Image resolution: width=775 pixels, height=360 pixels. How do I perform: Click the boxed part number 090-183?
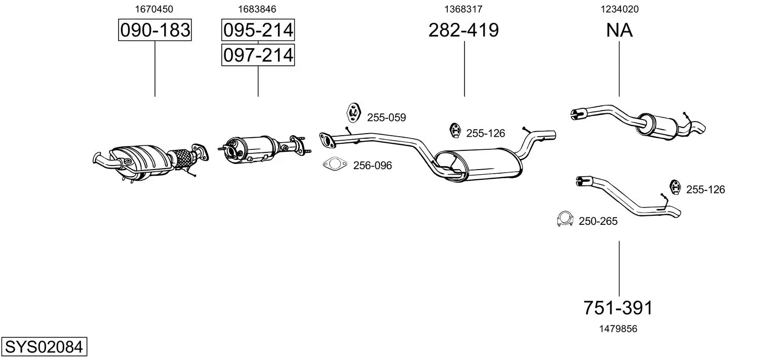[154, 30]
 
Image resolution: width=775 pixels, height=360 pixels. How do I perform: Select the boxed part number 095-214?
[258, 30]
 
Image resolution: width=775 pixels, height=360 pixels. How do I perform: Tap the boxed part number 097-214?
[258, 55]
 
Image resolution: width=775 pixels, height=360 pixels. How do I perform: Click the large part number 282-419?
[463, 30]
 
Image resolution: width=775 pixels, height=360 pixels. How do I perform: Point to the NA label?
[619, 30]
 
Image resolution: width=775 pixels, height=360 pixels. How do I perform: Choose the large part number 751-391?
[618, 307]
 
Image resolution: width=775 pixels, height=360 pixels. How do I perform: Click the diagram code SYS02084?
[44, 346]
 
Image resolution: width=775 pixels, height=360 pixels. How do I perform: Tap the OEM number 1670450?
[154, 9]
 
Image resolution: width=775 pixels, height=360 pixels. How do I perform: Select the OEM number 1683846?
[257, 9]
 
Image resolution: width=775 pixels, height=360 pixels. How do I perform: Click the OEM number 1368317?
[463, 9]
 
